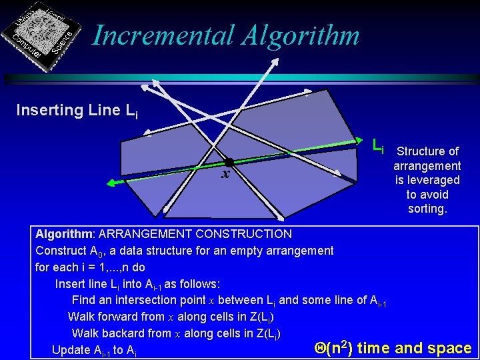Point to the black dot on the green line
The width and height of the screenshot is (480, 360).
229,162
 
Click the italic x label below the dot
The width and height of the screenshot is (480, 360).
226,175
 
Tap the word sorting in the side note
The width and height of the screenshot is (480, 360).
427,209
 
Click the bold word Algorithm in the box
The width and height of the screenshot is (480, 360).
64,234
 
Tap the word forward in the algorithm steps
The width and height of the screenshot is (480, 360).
123,317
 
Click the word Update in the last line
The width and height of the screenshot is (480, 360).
71,350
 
